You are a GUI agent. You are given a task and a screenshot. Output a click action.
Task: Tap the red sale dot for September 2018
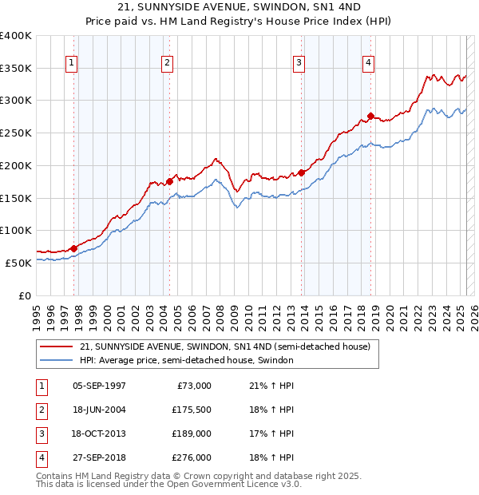(371, 117)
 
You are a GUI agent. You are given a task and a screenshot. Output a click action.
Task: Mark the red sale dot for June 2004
(170, 181)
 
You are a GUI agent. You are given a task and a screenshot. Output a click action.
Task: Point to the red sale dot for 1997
(73, 248)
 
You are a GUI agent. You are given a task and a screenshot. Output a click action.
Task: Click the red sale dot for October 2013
(302, 172)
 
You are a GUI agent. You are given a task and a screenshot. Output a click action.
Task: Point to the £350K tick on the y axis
(16, 68)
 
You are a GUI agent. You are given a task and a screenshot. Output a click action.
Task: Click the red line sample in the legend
(57, 347)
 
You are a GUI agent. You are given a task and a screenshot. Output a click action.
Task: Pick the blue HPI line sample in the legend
(57, 361)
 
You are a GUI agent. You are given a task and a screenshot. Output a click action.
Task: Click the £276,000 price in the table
(192, 457)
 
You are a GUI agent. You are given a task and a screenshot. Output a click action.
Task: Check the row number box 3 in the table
(41, 434)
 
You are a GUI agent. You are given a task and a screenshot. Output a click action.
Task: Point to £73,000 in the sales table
(194, 386)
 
